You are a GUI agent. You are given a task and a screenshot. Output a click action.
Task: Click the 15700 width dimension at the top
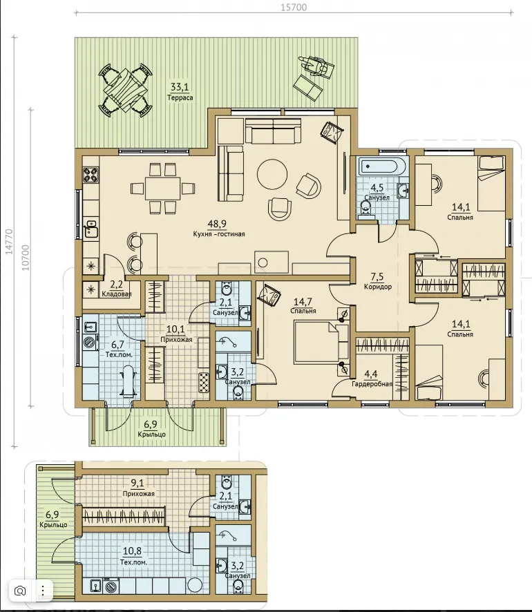click(294, 8)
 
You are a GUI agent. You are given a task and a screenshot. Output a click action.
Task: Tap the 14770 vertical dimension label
click(9, 242)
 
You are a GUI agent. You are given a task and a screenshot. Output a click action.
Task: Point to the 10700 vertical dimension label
click(26, 258)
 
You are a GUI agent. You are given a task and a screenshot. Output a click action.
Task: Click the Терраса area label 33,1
click(180, 86)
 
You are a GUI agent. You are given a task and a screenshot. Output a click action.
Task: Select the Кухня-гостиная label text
click(219, 233)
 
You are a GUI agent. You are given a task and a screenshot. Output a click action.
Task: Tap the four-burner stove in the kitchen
click(91, 175)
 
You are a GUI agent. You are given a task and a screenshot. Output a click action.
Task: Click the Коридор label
click(377, 287)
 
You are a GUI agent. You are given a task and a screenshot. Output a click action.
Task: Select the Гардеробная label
click(372, 384)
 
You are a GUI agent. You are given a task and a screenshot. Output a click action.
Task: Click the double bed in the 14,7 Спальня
click(321, 341)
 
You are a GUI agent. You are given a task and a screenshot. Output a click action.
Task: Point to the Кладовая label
click(116, 294)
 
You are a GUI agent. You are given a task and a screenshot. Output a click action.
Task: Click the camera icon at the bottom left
click(19, 591)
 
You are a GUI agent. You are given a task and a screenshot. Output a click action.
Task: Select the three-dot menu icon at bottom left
click(43, 591)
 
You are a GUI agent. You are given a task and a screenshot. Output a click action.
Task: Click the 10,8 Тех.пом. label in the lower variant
click(133, 556)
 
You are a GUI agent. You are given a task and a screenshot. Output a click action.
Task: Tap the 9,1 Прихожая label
click(138, 488)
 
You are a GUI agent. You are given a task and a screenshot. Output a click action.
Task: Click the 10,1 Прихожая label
click(176, 334)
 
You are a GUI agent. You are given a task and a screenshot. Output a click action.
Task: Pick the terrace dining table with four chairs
click(125, 90)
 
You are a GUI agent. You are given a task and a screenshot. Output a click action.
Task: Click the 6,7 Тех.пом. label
click(119, 350)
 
